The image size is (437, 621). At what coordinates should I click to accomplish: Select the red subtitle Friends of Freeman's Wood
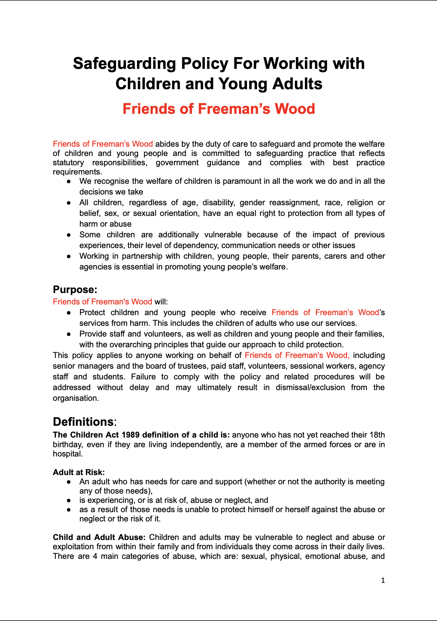pos(218,109)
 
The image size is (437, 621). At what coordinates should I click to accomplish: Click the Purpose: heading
pos(75,289)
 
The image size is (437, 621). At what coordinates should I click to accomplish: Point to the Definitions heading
pos(83,422)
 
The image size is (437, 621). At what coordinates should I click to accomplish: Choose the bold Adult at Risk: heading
pos(79,472)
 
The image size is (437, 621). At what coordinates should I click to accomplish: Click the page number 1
pos(383,580)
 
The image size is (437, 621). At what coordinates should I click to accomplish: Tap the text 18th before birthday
pos(377,435)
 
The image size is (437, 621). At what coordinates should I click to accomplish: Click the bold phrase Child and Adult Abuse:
pos(99,537)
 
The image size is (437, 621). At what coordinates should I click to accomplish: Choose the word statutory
pos(68,162)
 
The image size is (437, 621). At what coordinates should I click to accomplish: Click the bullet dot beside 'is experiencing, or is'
pos(69,500)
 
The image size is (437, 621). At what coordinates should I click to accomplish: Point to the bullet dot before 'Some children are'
pos(69,235)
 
